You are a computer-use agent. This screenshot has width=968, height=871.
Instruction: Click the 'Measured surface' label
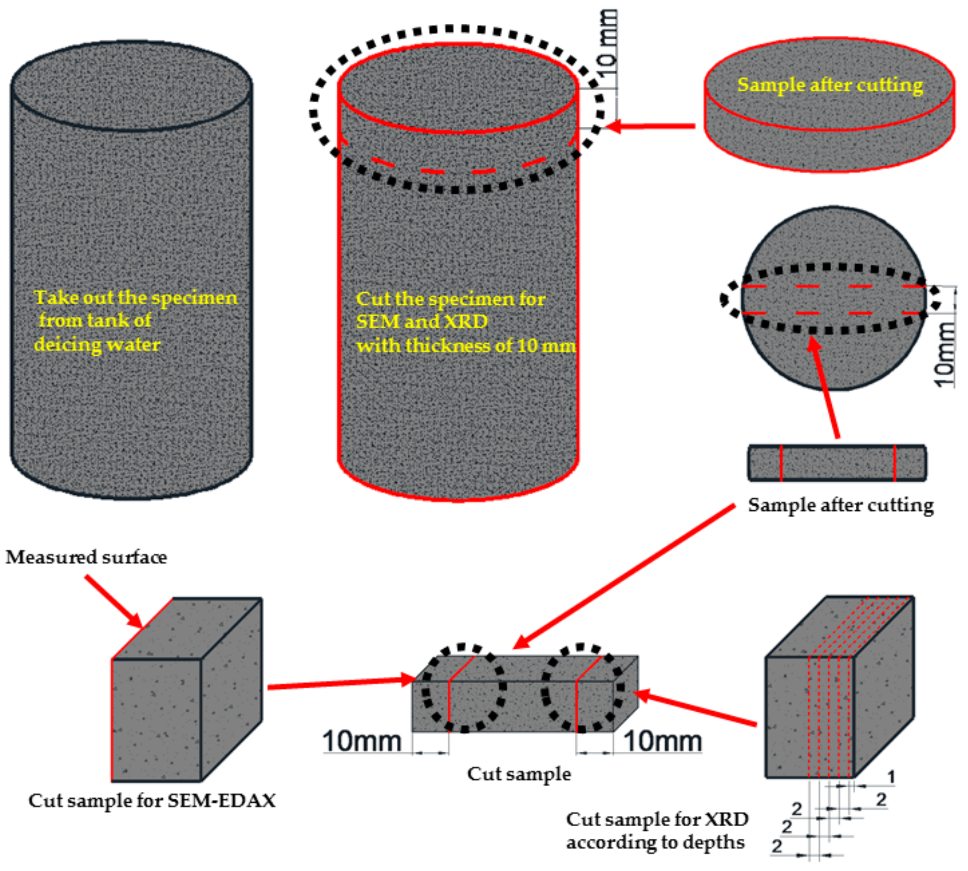pos(86,557)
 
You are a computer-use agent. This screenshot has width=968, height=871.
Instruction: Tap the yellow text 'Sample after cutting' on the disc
pos(830,85)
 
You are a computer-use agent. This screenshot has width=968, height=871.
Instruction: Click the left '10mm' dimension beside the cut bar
pos(362,741)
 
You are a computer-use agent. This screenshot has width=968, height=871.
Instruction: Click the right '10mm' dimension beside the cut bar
pos(663,741)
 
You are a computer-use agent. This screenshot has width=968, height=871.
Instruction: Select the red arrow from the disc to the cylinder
pos(651,126)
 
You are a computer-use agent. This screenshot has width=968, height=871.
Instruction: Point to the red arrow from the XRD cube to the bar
pos(696,708)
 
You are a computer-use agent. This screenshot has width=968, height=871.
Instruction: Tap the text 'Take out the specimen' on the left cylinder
pos(135,298)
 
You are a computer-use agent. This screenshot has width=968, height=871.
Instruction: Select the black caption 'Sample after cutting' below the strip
pos(841,505)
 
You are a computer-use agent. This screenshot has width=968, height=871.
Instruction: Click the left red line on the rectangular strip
pos(781,463)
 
